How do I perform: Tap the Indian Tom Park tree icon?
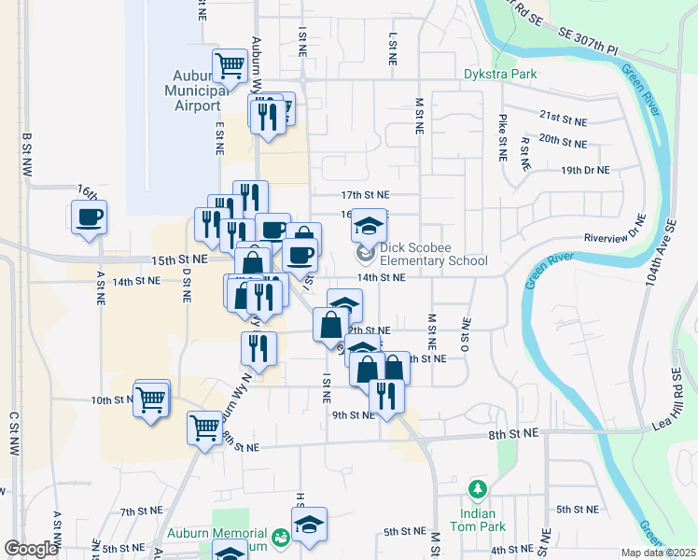point(478,489)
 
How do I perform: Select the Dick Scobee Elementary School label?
point(433,254)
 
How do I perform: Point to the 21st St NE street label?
point(564,119)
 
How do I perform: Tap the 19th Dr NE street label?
point(585,170)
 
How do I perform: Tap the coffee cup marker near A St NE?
point(89,218)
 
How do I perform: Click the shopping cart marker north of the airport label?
point(229,65)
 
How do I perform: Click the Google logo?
point(31,549)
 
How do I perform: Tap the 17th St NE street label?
point(365,195)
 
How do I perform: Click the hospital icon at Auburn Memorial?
point(279,537)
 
